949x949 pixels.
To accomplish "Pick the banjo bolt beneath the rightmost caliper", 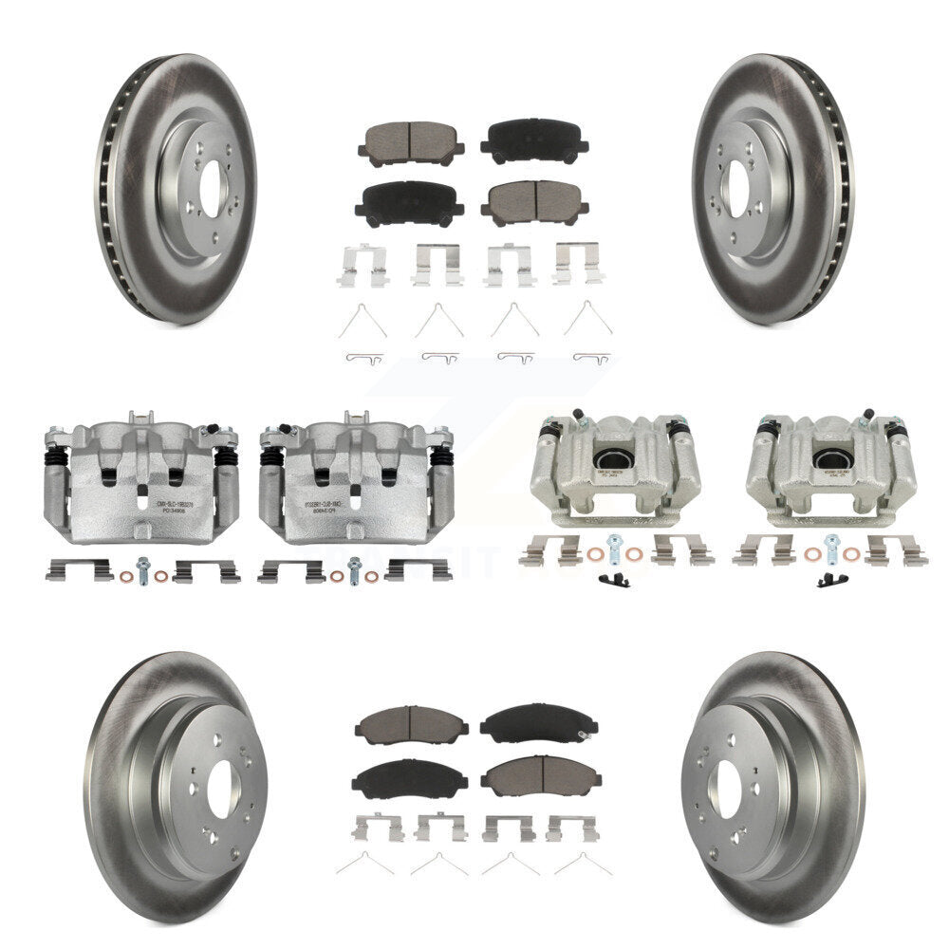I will click(x=831, y=549).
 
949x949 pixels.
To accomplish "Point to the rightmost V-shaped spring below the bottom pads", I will click(x=582, y=864).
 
